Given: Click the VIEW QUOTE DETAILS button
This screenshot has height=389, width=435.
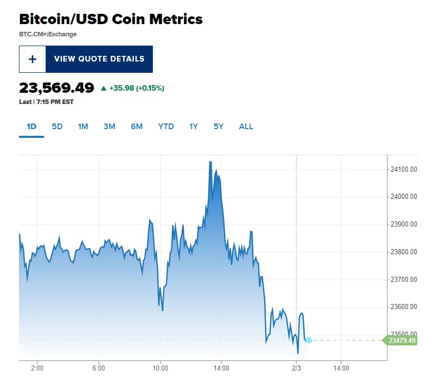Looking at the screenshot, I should (x=99, y=59).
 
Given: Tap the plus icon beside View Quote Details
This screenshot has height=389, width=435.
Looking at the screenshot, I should (x=32, y=59).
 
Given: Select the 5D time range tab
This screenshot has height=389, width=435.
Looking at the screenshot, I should (x=57, y=127).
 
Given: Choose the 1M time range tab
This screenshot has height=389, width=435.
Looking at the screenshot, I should (x=83, y=127).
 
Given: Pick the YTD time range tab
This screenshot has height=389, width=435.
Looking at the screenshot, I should (x=166, y=127).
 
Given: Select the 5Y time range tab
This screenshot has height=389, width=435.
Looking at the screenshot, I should (x=219, y=127).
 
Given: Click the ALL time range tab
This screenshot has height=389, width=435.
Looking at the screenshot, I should (x=246, y=127).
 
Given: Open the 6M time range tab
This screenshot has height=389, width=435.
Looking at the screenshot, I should (x=136, y=127).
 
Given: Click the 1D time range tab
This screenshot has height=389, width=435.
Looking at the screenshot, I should (x=31, y=127).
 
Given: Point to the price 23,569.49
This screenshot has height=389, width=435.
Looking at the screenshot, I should (x=56, y=88).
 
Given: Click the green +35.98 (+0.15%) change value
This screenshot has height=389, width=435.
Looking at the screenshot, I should (x=132, y=88).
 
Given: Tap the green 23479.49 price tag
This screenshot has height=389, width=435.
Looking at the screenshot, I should (x=401, y=340).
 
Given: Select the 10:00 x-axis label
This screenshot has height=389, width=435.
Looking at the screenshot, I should (x=160, y=368).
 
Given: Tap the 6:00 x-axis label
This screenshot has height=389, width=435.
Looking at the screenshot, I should (x=99, y=368).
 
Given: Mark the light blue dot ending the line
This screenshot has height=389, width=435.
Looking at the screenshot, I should (x=308, y=340).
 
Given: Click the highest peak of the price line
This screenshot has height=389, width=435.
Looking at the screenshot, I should (x=210, y=161).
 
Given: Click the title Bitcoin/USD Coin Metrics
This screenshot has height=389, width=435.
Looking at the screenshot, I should (x=111, y=19).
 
